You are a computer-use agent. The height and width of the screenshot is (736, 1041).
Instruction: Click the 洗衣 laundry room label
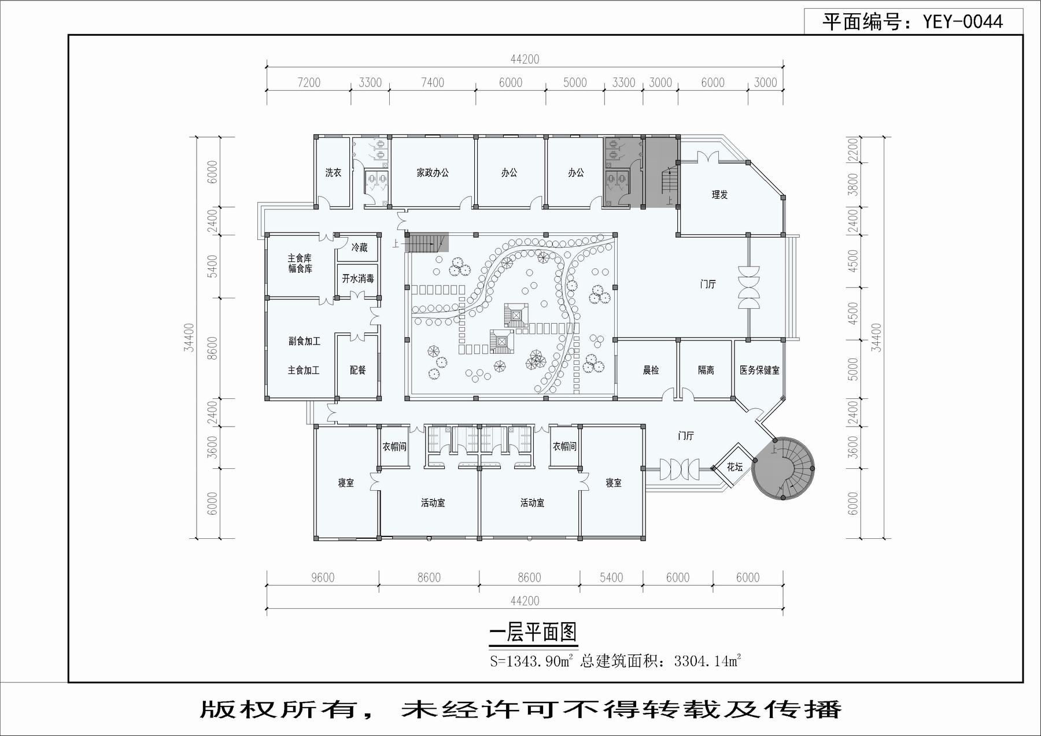(x=333, y=172)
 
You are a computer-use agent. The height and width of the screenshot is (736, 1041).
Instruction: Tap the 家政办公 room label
(x=433, y=172)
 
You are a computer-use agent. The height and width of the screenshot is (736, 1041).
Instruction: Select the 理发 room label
(x=719, y=195)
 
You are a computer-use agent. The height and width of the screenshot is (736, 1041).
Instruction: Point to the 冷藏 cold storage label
(x=359, y=247)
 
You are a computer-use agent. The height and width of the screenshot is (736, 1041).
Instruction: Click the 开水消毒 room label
(x=358, y=279)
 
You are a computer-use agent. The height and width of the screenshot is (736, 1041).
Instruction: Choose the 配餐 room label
(x=358, y=370)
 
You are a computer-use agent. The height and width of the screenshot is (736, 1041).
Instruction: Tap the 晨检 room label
(x=651, y=370)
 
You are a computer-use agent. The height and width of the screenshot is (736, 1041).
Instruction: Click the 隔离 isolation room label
(x=706, y=370)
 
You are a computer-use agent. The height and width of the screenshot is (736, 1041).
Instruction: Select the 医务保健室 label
(x=759, y=370)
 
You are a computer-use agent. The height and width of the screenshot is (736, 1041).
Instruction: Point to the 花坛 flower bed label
(x=734, y=467)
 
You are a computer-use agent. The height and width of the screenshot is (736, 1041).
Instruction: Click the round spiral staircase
(x=784, y=469)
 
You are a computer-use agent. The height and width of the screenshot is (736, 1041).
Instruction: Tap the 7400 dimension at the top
(x=433, y=83)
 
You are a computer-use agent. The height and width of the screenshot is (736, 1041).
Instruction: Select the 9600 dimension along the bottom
(x=323, y=578)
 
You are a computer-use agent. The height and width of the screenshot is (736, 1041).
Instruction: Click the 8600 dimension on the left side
(x=212, y=349)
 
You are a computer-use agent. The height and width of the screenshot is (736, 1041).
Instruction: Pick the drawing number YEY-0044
(x=962, y=22)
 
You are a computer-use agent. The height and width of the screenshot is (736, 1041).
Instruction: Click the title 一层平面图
(x=533, y=633)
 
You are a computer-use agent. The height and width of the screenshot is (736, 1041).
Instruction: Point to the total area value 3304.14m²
(x=707, y=661)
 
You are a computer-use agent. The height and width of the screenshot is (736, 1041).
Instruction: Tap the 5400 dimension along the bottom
(x=611, y=578)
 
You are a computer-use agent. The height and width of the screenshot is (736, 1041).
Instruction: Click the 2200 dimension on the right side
(x=853, y=149)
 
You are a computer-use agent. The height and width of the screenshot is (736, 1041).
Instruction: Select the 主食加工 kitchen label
(x=304, y=370)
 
